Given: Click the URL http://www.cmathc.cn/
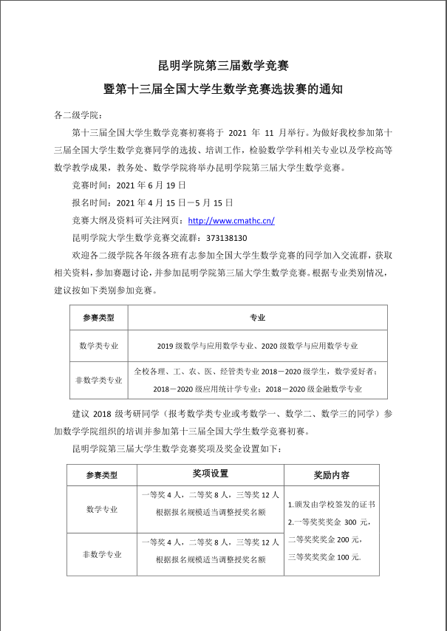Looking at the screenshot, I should point(231,220).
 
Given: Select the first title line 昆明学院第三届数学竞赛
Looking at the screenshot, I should point(223,66).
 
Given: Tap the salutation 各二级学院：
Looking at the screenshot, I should point(79,116).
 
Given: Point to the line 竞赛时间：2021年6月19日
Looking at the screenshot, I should point(123,185).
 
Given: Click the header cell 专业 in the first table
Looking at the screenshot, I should point(257,318).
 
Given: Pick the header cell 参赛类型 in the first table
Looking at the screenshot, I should point(98,318).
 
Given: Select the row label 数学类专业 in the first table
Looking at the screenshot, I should point(98,345).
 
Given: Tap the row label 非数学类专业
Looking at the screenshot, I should point(98,381).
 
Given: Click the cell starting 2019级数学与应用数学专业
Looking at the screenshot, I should point(257,345).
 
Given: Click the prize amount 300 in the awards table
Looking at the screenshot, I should point(350,522).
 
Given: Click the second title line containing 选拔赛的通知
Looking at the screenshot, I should point(223,90).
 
